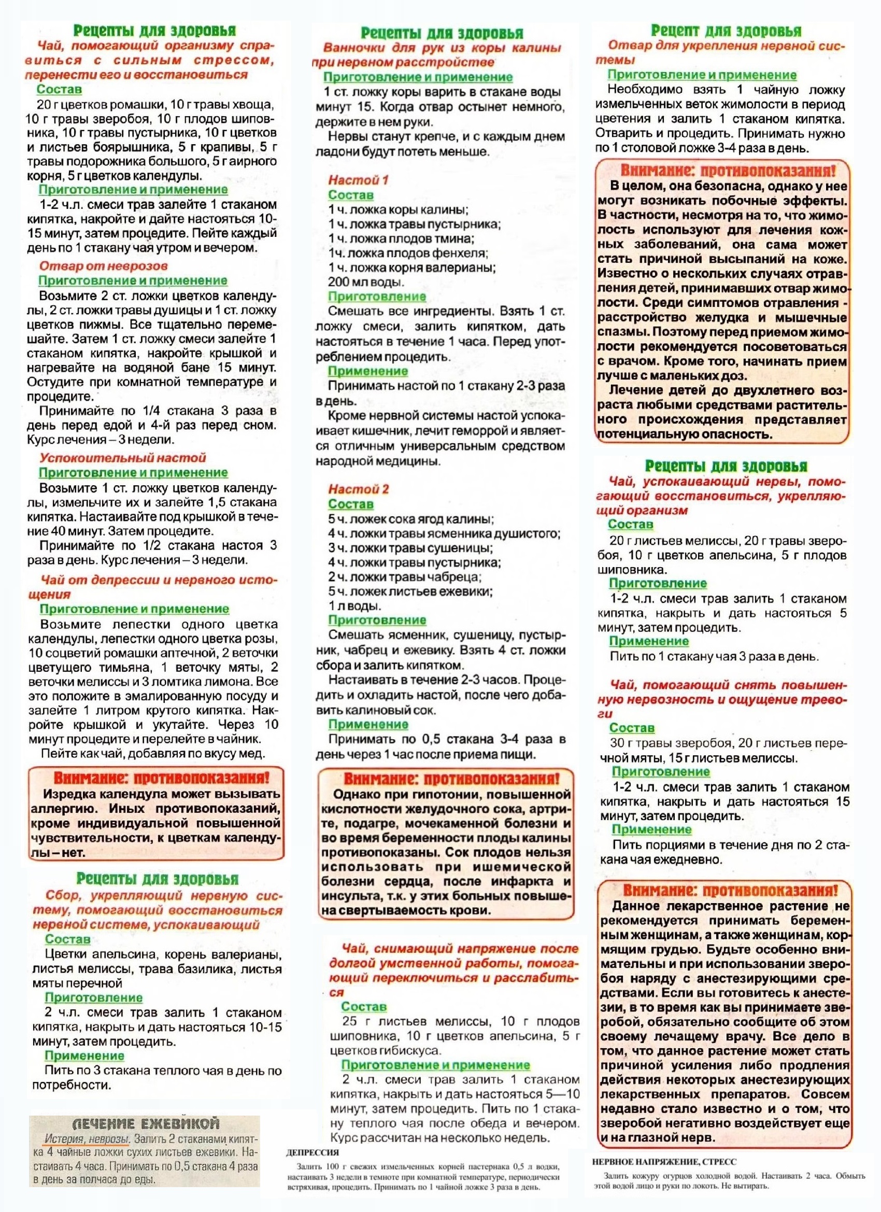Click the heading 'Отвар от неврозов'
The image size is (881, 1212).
click(103, 265)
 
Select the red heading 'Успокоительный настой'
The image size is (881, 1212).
click(122, 457)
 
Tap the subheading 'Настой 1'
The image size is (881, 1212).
click(358, 180)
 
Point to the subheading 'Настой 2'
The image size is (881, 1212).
click(359, 489)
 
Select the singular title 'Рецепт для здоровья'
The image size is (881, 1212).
click(726, 31)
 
